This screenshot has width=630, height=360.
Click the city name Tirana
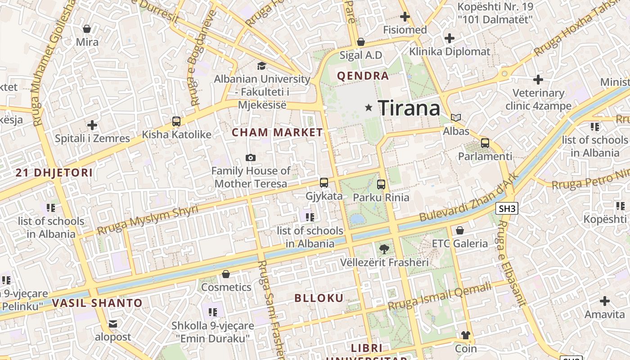409,108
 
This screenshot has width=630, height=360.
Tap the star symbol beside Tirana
369,108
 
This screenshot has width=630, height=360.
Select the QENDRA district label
363,76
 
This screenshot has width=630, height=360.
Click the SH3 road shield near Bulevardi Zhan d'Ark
507,208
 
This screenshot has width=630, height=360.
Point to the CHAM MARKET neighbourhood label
277,132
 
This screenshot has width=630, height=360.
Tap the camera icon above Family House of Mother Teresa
251,157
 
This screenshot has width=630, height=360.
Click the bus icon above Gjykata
324,183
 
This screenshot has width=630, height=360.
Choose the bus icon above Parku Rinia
381,184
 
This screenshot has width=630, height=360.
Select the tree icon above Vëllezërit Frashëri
384,249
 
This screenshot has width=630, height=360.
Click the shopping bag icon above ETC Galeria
460,230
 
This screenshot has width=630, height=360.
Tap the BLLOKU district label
319,298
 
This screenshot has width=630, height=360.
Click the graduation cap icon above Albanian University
261,66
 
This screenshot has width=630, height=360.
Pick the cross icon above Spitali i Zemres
92,125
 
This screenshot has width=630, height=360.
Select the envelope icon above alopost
112,324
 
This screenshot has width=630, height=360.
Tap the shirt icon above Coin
465,335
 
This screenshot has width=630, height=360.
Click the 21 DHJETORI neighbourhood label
54,172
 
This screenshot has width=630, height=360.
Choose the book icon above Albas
456,118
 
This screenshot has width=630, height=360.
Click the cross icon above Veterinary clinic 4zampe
538,80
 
